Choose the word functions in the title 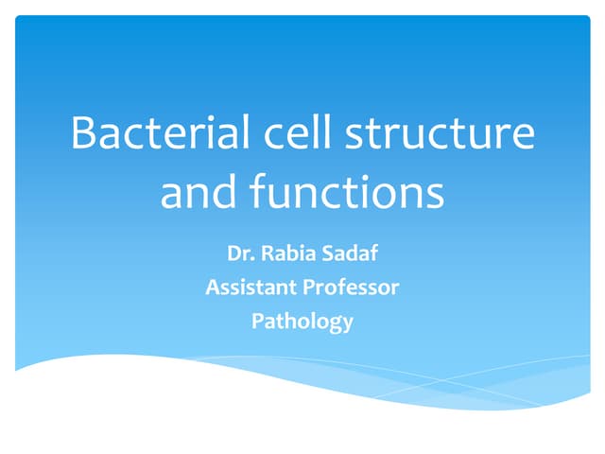tap(347, 193)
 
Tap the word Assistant tap(249, 287)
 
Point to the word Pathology tap(302, 322)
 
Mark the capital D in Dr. tap(233, 253)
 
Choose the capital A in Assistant tap(212, 287)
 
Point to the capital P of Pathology tap(257, 321)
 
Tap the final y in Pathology tap(348, 323)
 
